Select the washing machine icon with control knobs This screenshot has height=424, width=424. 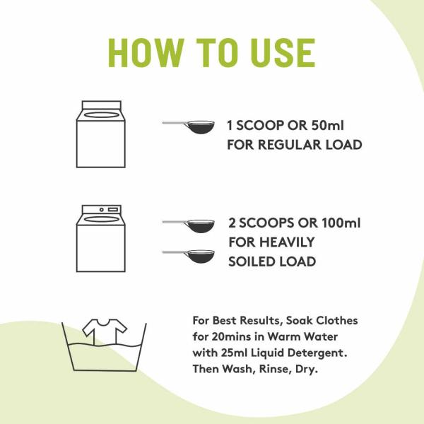pos(100,239)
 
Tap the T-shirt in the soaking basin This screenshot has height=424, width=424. pos(105,328)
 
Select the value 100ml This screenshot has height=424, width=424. pos(336,223)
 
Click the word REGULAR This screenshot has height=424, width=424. pos(290,146)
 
